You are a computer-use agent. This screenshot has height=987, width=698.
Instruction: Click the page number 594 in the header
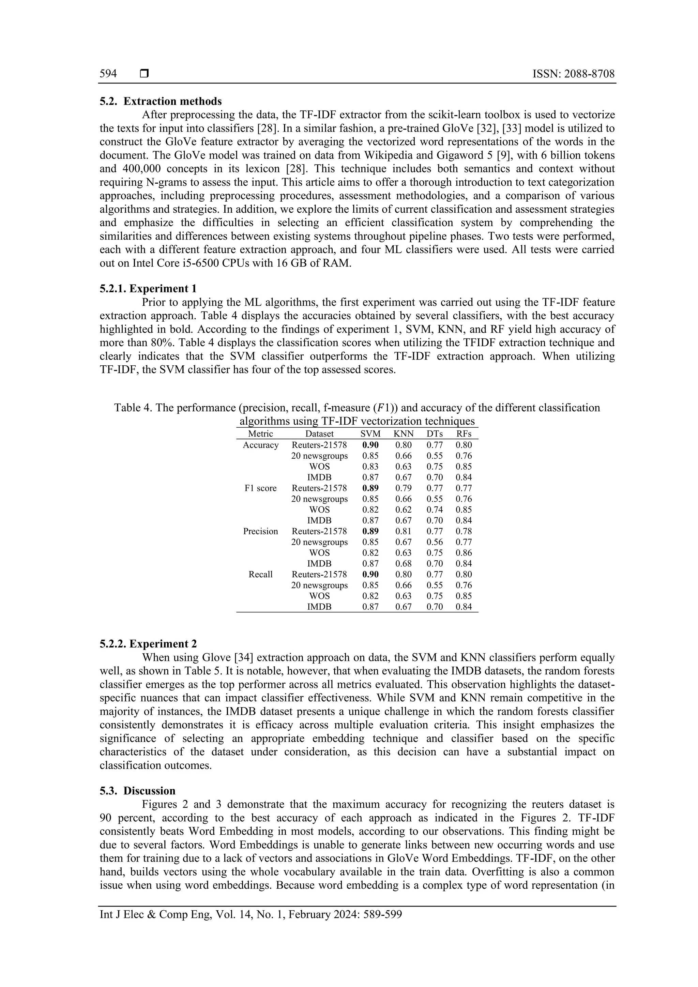pos(108,74)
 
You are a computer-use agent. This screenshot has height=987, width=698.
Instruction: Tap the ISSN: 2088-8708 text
pos(573,74)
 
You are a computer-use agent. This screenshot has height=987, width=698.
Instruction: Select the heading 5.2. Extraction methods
pos(161,102)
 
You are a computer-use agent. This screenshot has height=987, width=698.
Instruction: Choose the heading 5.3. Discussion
pos(138,791)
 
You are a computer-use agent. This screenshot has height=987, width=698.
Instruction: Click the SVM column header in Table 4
pos(370,434)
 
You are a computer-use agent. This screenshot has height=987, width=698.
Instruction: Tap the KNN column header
pos(403,434)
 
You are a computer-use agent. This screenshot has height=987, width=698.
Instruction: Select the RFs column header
pos(464,434)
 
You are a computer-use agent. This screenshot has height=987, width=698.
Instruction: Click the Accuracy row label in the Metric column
pos(260,445)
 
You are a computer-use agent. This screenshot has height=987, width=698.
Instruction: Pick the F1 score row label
pos(260,488)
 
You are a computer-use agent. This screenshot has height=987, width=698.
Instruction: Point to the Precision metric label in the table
pos(260,531)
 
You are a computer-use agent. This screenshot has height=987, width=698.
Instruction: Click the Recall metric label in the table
pos(260,574)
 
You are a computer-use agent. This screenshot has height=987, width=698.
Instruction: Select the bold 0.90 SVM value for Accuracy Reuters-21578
pos(370,445)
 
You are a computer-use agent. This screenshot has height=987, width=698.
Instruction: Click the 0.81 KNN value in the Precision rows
pos(403,531)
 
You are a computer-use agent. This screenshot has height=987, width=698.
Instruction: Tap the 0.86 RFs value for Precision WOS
pos(464,553)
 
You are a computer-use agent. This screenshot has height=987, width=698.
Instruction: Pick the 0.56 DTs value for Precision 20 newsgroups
pos(434,542)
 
